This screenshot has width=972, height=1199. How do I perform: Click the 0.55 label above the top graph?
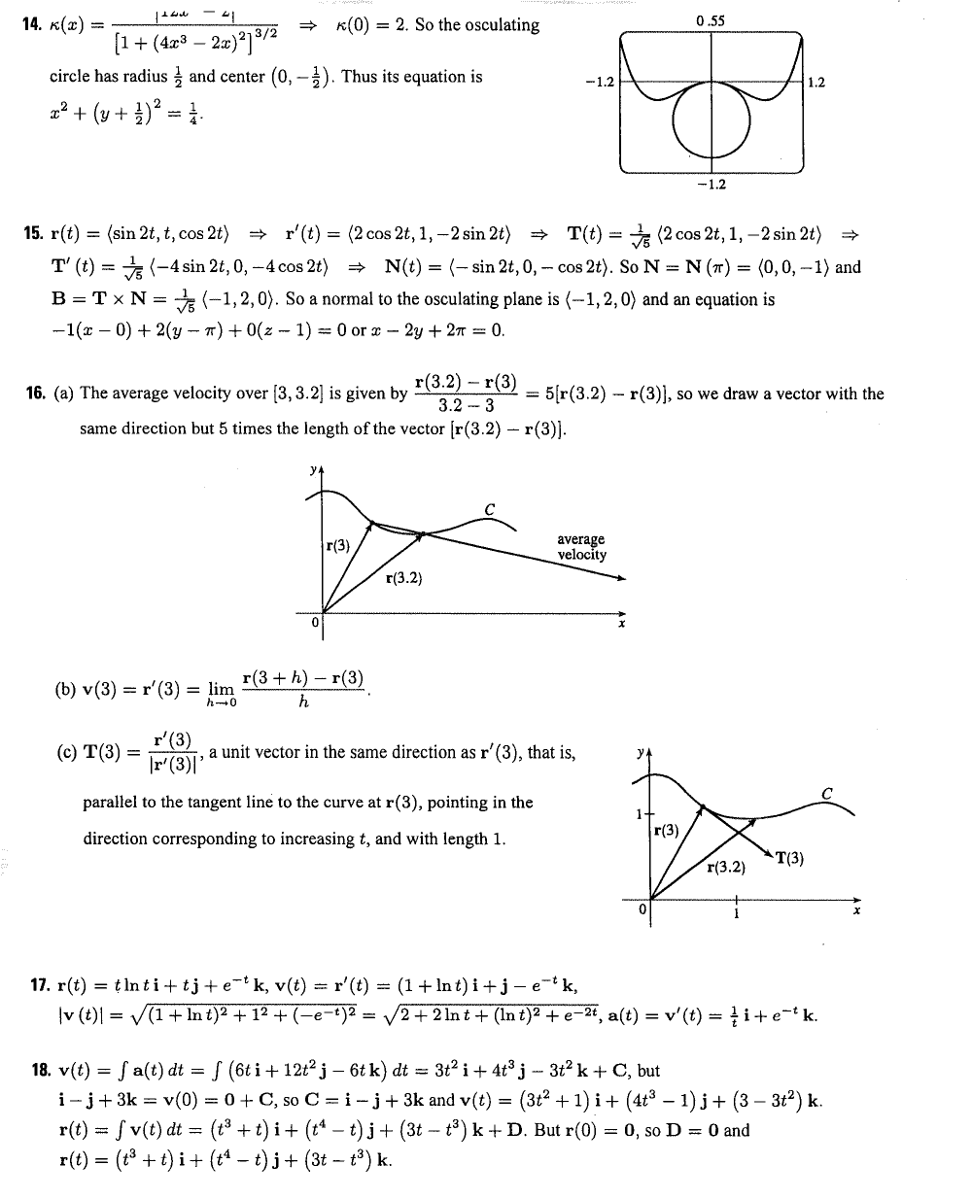pos(712,19)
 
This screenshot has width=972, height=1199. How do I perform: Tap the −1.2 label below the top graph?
pos(712,185)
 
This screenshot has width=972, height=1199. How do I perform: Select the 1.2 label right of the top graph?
pos(816,83)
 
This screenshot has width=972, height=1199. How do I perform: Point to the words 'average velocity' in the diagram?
pos(581,547)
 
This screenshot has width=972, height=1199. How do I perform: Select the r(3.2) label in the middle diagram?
pos(403,578)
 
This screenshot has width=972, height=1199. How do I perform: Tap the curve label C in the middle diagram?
pos(489,508)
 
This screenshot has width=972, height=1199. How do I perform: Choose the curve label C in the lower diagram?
pos(826,793)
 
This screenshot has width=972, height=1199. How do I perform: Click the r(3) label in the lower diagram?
pos(667,831)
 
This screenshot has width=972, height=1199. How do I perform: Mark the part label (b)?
pos(66,691)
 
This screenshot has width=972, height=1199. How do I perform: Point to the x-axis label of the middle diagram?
pos(621,624)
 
